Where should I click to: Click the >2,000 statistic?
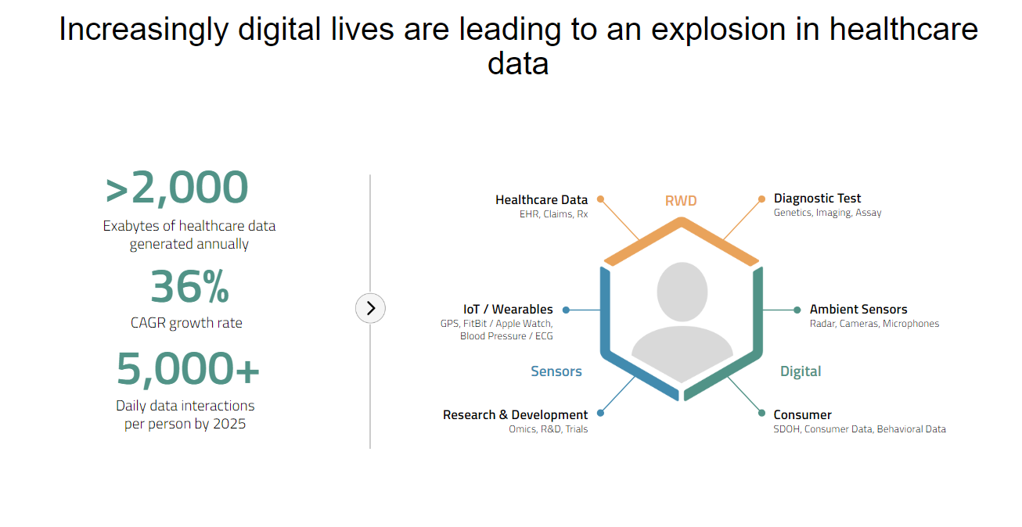(177, 188)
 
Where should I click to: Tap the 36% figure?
(189, 287)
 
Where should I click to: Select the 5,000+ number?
(188, 369)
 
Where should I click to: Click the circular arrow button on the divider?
(370, 308)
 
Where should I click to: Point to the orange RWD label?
(681, 201)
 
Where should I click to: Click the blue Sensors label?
(556, 371)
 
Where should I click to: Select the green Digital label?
(801, 371)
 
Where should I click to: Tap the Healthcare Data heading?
(542, 199)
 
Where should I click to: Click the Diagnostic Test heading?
(817, 199)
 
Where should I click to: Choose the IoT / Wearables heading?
(508, 309)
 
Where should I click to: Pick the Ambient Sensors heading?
(858, 309)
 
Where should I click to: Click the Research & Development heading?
(515, 415)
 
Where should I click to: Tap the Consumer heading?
(802, 415)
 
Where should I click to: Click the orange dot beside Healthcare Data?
(600, 199)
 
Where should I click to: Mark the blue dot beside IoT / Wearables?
(566, 310)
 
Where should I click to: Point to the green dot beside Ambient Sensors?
(797, 310)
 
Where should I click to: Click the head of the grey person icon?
(682, 292)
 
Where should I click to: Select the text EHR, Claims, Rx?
(553, 213)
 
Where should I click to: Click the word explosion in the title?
(735, 30)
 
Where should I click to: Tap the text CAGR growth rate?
(186, 323)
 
